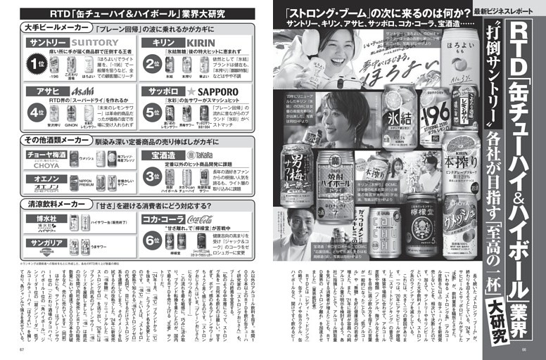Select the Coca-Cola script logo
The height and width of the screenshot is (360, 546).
(x=200, y=219)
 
